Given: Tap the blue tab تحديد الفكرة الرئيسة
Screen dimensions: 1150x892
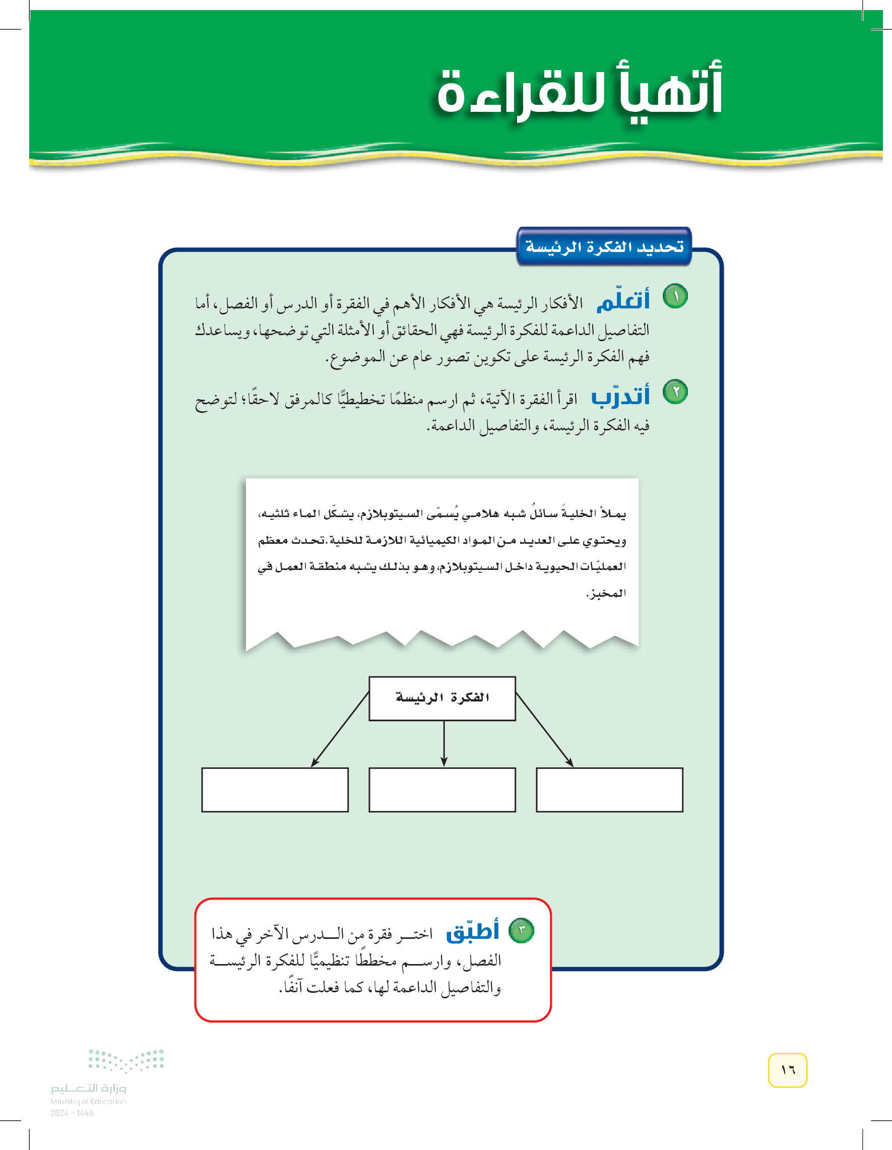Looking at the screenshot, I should tap(604, 246).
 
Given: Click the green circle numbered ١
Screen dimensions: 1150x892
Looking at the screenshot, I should tap(675, 296).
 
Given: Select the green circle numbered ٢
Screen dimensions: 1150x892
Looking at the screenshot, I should tap(675, 392).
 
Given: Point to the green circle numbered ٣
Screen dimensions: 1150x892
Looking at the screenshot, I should tap(521, 930).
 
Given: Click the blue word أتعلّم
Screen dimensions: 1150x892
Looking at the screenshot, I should tap(623, 300).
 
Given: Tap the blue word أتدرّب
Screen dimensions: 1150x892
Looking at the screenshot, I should tap(620, 396).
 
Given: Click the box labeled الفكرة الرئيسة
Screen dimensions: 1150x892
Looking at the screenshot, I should tap(442, 698).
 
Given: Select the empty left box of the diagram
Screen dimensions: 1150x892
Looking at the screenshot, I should tap(275, 790).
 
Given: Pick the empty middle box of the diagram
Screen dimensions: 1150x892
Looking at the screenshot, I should tap(442, 790).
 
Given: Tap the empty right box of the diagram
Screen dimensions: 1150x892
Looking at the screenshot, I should tap(609, 790).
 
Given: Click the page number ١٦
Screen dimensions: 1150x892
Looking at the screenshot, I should tap(787, 1070).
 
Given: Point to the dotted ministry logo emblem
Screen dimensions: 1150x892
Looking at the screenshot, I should tap(126, 1060).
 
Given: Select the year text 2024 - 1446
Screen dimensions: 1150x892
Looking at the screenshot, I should tap(72, 1113).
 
